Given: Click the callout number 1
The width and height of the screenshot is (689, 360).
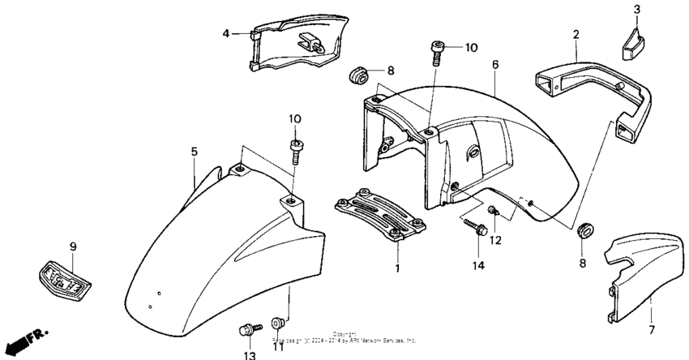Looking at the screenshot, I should pyautogui.click(x=397, y=268).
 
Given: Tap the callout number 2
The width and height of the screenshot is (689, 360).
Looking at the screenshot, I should pyautogui.click(x=576, y=35).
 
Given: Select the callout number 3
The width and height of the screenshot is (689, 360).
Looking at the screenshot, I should pyautogui.click(x=636, y=10).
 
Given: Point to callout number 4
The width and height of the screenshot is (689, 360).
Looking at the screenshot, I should pyautogui.click(x=227, y=33).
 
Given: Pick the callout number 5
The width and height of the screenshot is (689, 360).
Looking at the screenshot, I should pyautogui.click(x=195, y=152).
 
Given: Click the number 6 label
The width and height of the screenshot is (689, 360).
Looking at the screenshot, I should pyautogui.click(x=494, y=63).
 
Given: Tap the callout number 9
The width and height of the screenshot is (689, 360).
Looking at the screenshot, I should pyautogui.click(x=72, y=246).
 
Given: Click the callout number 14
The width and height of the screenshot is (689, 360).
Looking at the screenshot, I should pyautogui.click(x=479, y=264).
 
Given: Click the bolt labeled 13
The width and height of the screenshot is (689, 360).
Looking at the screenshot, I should pyautogui.click(x=246, y=330).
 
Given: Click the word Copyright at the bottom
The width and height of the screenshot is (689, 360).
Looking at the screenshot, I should pyautogui.click(x=344, y=333).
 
